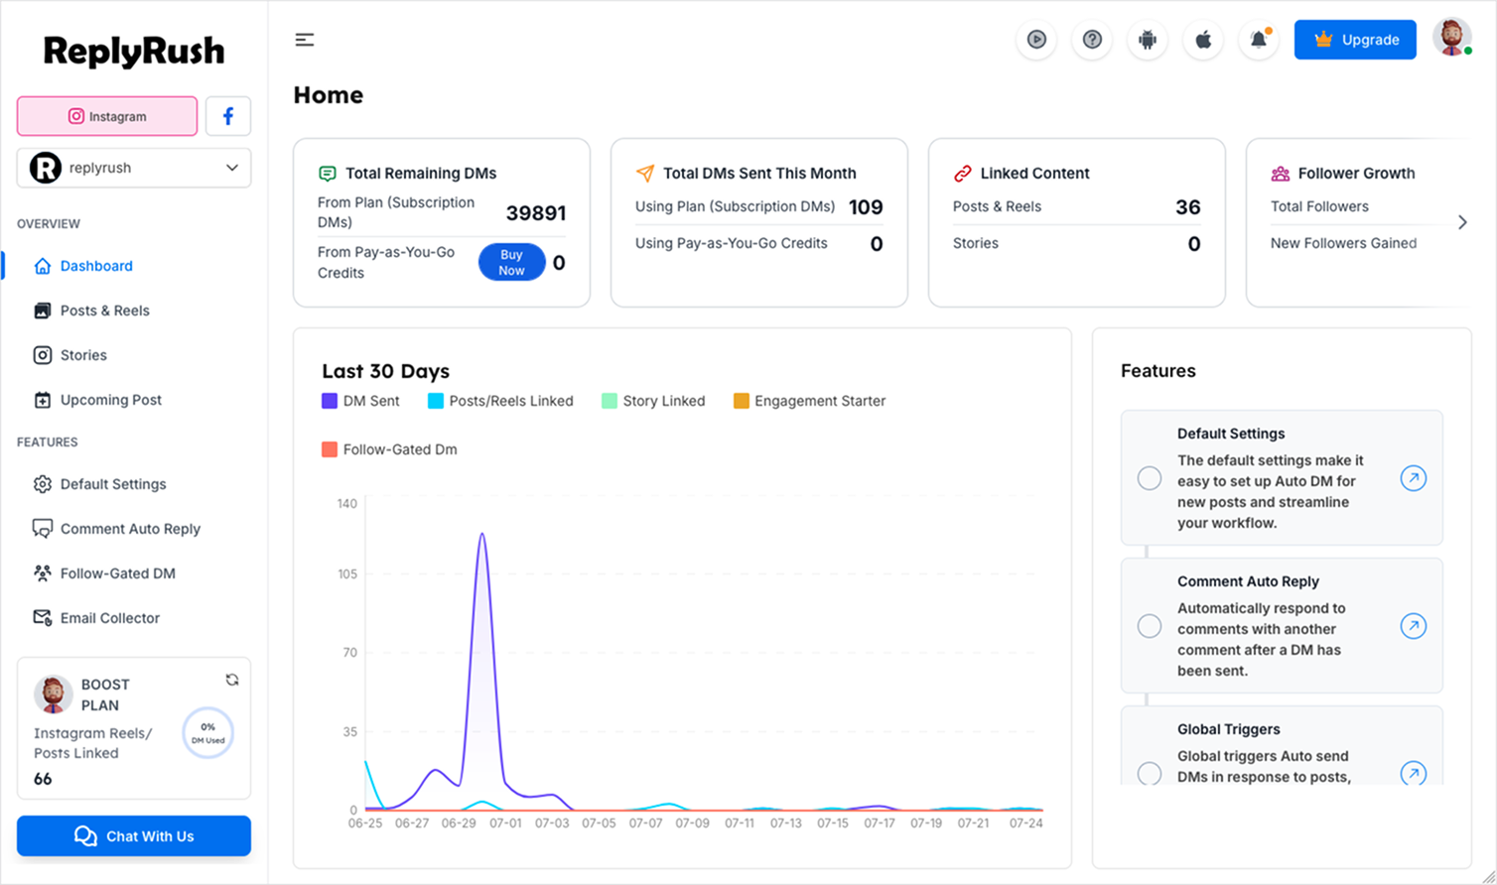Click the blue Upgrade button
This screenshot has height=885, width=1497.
pos(1355,40)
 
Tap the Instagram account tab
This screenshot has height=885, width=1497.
pos(107,116)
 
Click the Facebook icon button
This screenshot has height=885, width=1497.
pos(228,116)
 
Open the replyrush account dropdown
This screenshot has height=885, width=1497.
pos(134,168)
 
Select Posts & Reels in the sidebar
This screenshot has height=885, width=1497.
pos(104,311)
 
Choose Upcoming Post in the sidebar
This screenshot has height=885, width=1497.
pos(110,400)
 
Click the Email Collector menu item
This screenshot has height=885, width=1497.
pos(109,618)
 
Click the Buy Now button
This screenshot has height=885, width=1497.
pos(511,262)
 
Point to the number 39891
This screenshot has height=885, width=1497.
pos(536,213)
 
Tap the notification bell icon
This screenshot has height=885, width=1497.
pos(1259,40)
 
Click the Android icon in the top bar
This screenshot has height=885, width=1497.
pos(1148,40)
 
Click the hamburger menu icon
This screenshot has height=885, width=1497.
pos(305,40)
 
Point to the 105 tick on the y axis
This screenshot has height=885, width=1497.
pos(346,573)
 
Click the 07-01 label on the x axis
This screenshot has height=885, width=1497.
pos(505,823)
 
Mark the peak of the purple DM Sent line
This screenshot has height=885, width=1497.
pos(481,534)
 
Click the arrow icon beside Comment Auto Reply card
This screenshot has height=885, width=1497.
pos(1414,626)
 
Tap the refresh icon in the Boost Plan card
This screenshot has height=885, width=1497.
pos(232,680)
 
